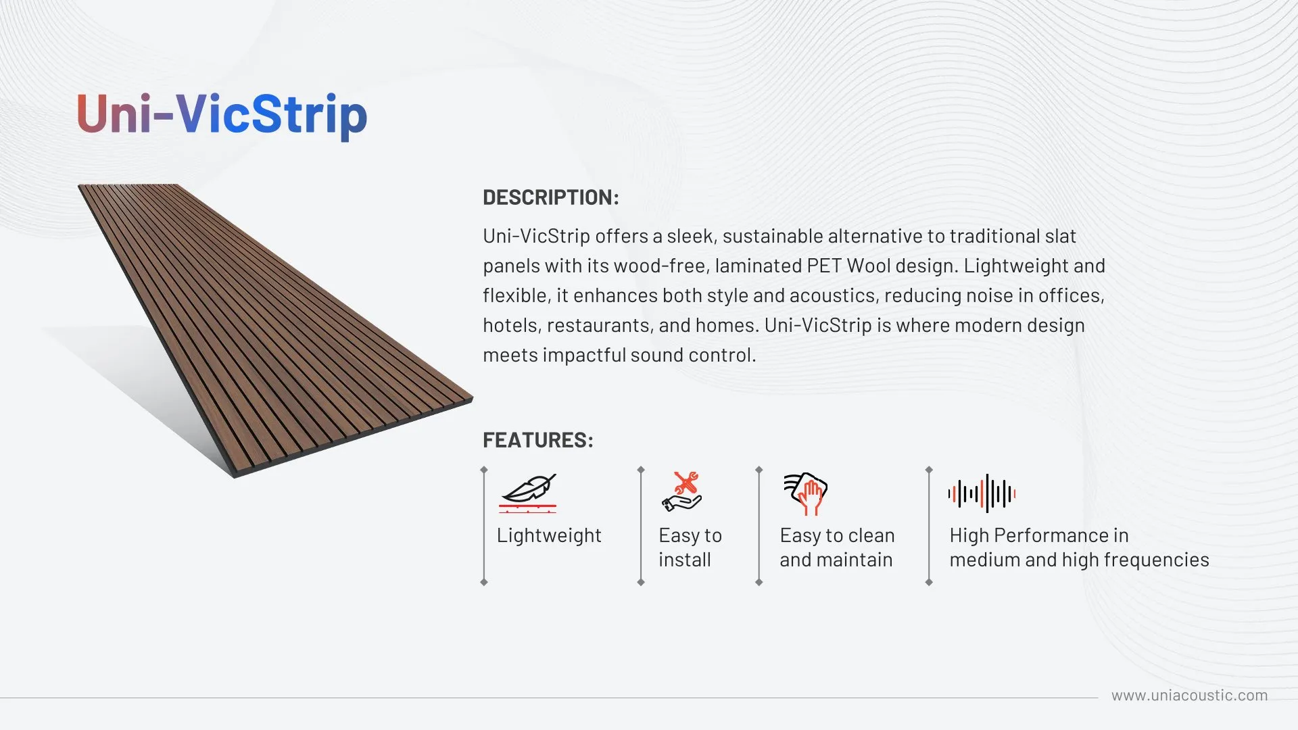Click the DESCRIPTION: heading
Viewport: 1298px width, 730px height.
(551, 197)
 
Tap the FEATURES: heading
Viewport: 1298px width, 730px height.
(538, 440)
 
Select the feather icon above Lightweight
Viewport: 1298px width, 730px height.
(528, 492)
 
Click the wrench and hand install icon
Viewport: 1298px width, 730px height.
(682, 491)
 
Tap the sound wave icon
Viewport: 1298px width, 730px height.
(982, 493)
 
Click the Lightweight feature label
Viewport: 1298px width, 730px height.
(549, 535)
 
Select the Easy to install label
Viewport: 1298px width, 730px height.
(690, 547)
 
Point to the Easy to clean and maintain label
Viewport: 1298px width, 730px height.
(837, 547)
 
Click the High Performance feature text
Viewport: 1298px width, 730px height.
(1079, 547)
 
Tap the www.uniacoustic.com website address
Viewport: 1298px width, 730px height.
(1190, 696)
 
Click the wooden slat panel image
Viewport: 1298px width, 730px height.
(276, 330)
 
